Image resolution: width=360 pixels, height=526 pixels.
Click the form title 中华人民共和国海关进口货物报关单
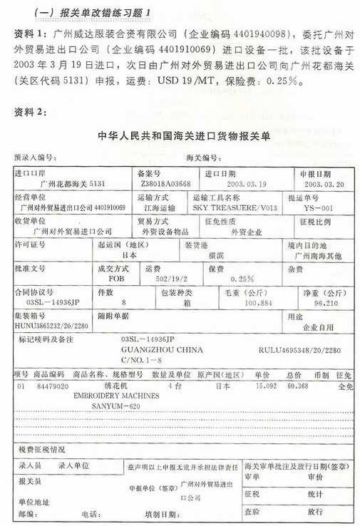point(180,136)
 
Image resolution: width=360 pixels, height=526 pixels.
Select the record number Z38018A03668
point(166,183)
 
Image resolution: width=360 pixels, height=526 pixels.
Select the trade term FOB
point(112,279)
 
